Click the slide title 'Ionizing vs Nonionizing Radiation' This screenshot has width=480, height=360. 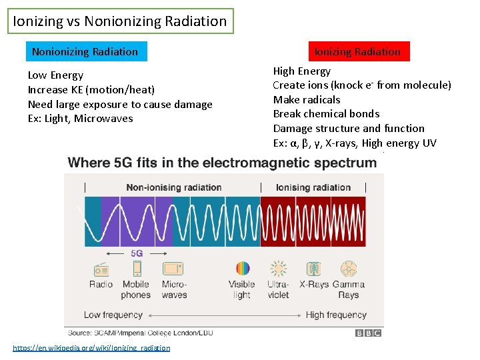pyautogui.click(x=120, y=21)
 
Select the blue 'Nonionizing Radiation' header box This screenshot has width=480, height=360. pyautogui.click(x=85, y=51)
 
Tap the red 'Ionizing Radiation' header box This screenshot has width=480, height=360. pyautogui.click(x=357, y=51)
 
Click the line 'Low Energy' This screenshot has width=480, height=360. pyautogui.click(x=55, y=75)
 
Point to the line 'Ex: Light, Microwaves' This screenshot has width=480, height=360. pyautogui.click(x=80, y=119)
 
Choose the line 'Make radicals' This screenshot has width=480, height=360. pyautogui.click(x=307, y=99)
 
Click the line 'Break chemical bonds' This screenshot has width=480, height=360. pyautogui.click(x=326, y=114)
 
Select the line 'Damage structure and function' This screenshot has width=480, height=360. pyautogui.click(x=349, y=128)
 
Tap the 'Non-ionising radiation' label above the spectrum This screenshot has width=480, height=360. pyautogui.click(x=173, y=187)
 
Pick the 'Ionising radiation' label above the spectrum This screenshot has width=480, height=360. pyautogui.click(x=313, y=187)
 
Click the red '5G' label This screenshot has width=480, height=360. pyautogui.click(x=137, y=253)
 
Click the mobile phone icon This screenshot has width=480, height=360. pyautogui.click(x=137, y=269)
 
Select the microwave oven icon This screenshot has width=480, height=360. pyautogui.click(x=173, y=269)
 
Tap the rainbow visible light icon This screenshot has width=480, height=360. pyautogui.click(x=242, y=269)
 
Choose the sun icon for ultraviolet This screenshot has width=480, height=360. pyautogui.click(x=278, y=269)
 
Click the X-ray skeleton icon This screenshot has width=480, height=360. pyautogui.click(x=313, y=269)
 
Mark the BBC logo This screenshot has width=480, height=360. pyautogui.click(x=368, y=332)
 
